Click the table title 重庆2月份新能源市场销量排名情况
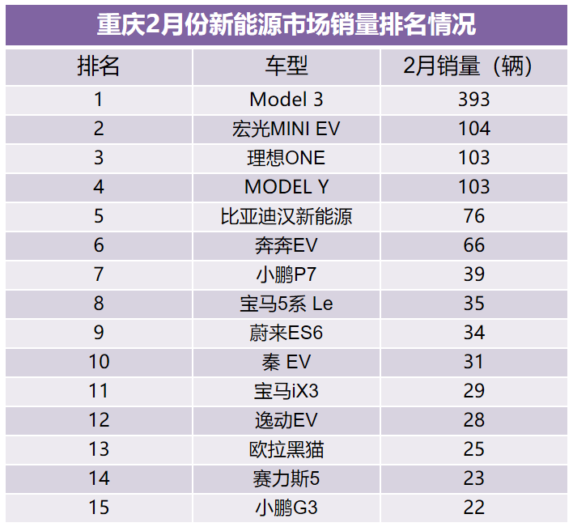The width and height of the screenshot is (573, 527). [x=286, y=24]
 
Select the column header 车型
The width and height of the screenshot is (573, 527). [x=286, y=66]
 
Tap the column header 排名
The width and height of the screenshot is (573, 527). [x=99, y=66]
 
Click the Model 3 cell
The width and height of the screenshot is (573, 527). [x=286, y=100]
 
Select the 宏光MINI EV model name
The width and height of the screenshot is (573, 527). [x=286, y=129]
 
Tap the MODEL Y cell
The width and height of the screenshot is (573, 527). [x=286, y=187]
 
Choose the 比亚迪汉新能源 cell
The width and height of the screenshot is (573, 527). [x=286, y=216]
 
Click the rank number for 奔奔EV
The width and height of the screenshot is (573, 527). [x=99, y=245]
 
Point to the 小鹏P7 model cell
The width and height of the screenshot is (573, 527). [x=286, y=274]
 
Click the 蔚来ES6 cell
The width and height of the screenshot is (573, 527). [x=286, y=333]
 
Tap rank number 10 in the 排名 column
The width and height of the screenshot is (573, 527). [x=99, y=362]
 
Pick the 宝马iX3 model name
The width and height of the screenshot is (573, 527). [x=286, y=391]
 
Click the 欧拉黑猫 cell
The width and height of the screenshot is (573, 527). [x=286, y=449]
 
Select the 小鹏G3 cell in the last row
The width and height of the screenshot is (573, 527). [x=286, y=508]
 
